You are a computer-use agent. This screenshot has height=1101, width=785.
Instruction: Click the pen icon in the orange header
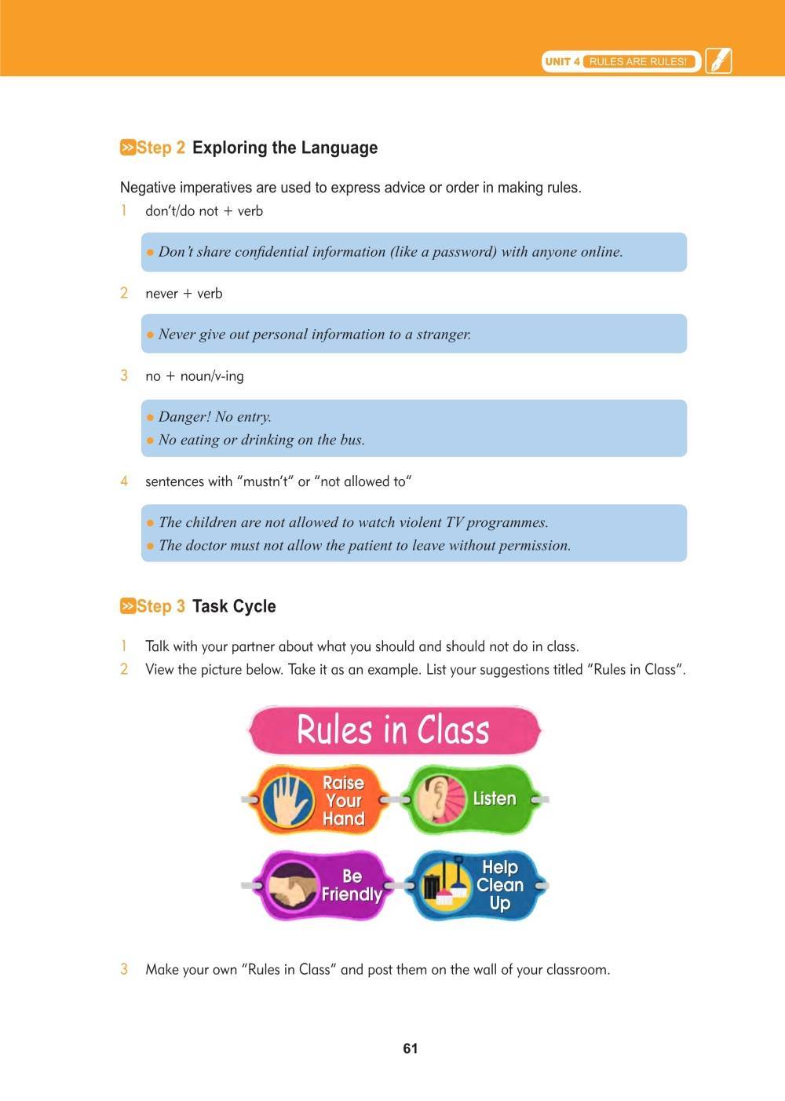coord(718,60)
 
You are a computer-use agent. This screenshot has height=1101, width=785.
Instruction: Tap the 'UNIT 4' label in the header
coord(562,61)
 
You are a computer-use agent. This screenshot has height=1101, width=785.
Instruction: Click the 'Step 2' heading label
coord(160,148)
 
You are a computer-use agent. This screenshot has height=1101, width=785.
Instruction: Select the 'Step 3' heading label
coord(160,606)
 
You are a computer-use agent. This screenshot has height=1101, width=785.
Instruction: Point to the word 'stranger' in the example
coord(444,335)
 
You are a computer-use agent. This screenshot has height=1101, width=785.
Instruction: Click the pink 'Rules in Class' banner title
coord(393,730)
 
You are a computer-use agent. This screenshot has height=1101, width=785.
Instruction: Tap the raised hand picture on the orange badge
coord(288,800)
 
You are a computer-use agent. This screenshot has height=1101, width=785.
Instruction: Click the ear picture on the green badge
coord(433,799)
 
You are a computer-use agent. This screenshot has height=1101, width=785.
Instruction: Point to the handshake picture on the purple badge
coord(292,887)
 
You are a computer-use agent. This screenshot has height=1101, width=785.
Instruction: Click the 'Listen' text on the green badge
coord(495,799)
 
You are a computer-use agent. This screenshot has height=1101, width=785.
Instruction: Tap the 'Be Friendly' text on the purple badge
coord(352,885)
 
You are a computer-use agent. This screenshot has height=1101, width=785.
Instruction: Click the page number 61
coord(411,1048)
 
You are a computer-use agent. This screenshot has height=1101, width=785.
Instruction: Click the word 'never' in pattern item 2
coord(162,294)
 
